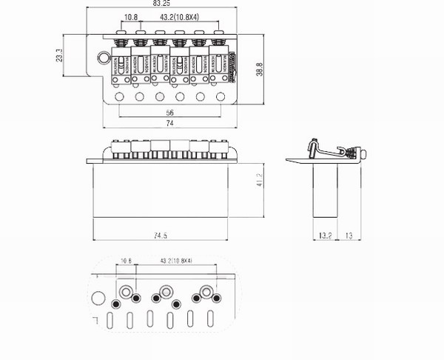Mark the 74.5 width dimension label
pyautogui.click(x=161, y=235)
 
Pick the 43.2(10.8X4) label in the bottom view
pyautogui.click(x=176, y=261)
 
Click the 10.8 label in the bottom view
pyautogui.click(x=126, y=261)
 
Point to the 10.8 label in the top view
pyautogui.click(x=131, y=16)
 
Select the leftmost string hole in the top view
pyautogui.click(x=121, y=96)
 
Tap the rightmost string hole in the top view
pyautogui.click(x=221, y=96)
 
